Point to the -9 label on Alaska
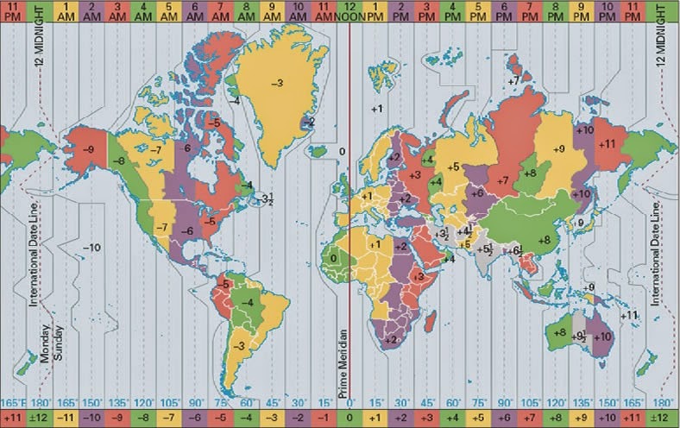[88, 149]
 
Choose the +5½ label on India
[485, 250]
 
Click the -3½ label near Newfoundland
[268, 198]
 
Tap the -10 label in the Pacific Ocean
[93, 248]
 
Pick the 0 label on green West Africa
[333, 257]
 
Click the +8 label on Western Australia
[559, 332]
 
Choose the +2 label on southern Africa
[389, 339]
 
